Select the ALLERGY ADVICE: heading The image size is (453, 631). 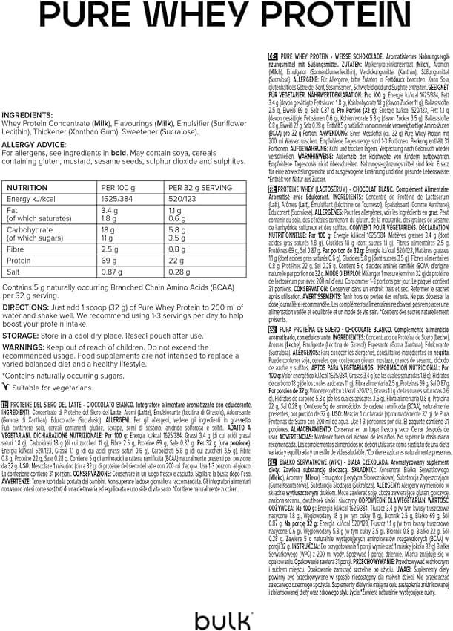tap(33, 145)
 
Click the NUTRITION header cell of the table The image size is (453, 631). tap(27, 188)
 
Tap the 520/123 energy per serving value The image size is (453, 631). tap(182, 200)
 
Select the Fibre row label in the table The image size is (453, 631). tap(17, 249)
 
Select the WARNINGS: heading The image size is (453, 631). tap(24, 347)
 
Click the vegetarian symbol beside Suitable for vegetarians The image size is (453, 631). tap(7, 387)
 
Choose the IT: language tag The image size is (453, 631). tap(6, 405)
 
